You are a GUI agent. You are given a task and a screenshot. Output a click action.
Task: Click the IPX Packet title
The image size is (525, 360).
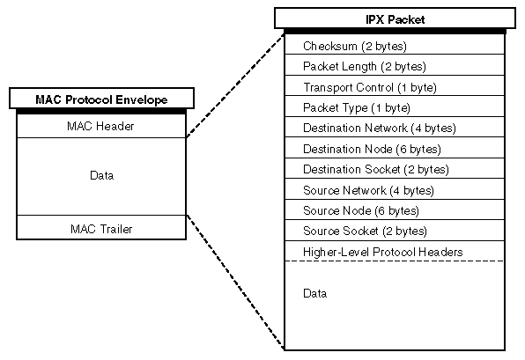coord(396,19)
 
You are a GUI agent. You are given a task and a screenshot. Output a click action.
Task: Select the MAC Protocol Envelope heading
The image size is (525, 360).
coord(101,99)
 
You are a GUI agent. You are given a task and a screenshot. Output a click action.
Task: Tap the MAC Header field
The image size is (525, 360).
coord(100,126)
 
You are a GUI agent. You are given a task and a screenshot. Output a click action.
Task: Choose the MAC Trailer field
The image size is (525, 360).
coord(101,229)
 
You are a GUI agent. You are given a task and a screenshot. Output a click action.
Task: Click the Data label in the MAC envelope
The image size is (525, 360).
coord(102,175)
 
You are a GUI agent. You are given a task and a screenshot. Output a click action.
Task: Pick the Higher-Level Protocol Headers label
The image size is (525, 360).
coord(382,252)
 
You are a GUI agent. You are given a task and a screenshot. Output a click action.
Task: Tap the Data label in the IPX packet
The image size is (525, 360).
coord(314,293)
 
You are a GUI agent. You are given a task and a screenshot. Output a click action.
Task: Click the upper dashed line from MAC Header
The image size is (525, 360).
coord(235,85)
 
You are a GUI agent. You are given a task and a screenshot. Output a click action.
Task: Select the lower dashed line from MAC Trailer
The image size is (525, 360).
coord(235,282)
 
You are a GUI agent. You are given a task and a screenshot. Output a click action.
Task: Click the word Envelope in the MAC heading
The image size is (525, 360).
coord(141,99)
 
